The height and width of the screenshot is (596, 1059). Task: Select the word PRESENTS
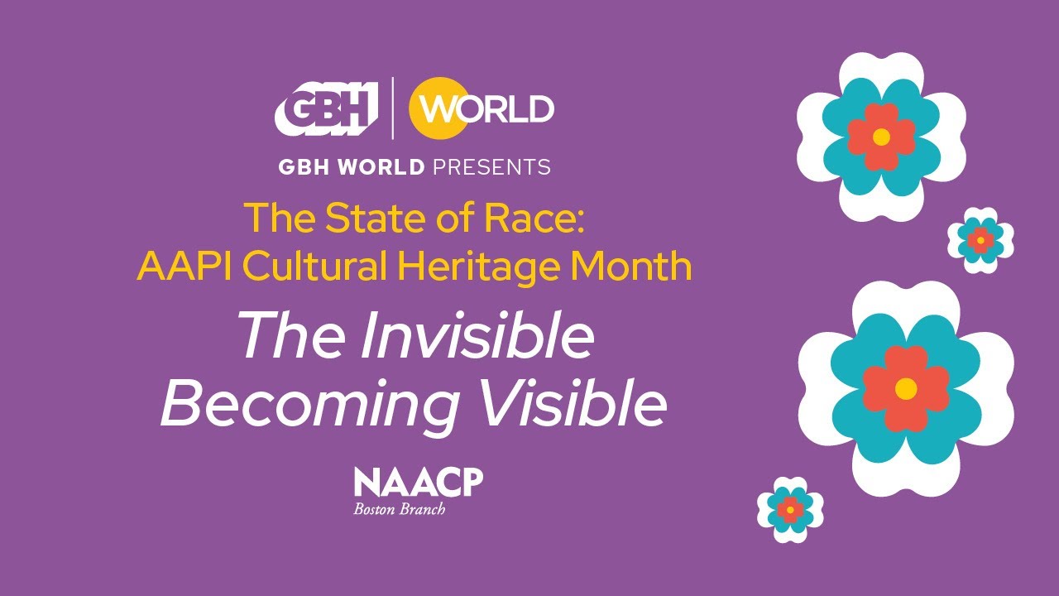(491, 167)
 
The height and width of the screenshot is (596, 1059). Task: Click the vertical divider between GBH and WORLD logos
(392, 108)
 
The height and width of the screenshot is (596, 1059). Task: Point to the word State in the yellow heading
(362, 218)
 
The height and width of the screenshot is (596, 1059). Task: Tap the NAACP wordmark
(418, 482)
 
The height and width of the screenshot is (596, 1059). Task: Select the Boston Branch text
(400, 509)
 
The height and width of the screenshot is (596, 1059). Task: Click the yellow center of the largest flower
(906, 387)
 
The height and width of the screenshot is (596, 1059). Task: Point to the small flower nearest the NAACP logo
(790, 509)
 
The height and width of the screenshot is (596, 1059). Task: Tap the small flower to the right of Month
(980, 240)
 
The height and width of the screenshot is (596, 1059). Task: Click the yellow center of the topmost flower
(881, 137)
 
